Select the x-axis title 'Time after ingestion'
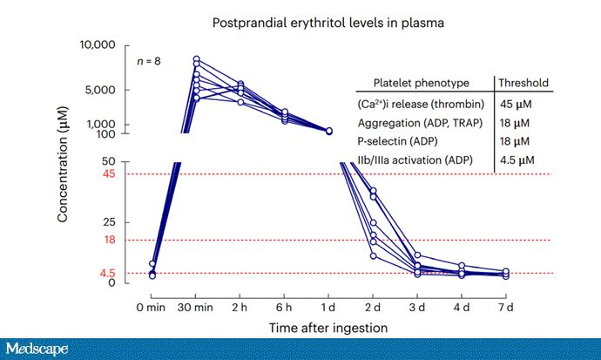coord(328,328)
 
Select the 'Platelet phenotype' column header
coord(421,84)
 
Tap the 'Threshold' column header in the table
coord(523,84)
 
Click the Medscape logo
coord(37,350)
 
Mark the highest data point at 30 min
coord(197,59)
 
